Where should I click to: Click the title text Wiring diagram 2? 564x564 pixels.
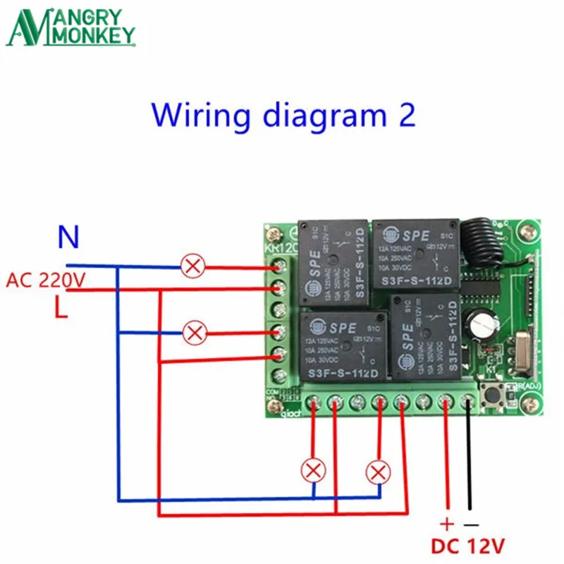click(282, 114)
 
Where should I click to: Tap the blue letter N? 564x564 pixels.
click(68, 238)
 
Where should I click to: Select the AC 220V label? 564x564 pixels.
click(46, 281)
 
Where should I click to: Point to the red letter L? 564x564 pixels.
click(62, 308)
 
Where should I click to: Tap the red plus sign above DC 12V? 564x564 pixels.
click(446, 525)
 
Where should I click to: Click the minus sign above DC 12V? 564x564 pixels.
click(470, 525)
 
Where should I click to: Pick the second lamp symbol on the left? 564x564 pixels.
click(193, 331)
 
